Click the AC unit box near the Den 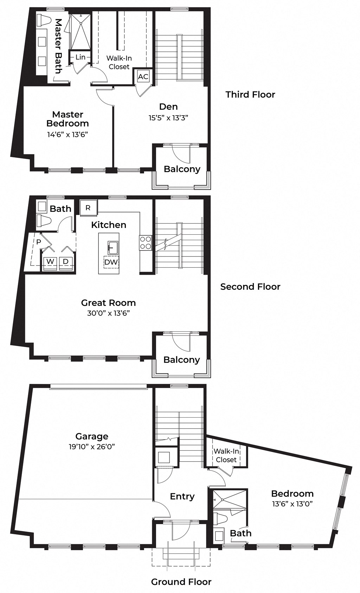click(143, 77)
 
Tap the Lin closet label click(81, 57)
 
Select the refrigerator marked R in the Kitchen click(88, 208)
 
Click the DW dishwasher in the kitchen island click(111, 262)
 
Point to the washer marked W click(50, 262)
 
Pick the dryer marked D click(66, 262)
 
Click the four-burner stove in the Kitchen click(146, 242)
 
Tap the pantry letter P click(39, 242)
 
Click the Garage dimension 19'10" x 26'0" click(92, 447)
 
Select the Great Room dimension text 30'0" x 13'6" click(109, 313)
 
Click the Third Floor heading click(250, 95)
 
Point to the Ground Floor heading click(181, 582)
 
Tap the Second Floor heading click(250, 287)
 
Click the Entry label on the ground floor click(182, 496)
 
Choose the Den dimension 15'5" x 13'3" click(168, 118)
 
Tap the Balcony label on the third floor click(182, 169)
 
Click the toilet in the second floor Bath click(45, 221)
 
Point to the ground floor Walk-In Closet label click(226, 455)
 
